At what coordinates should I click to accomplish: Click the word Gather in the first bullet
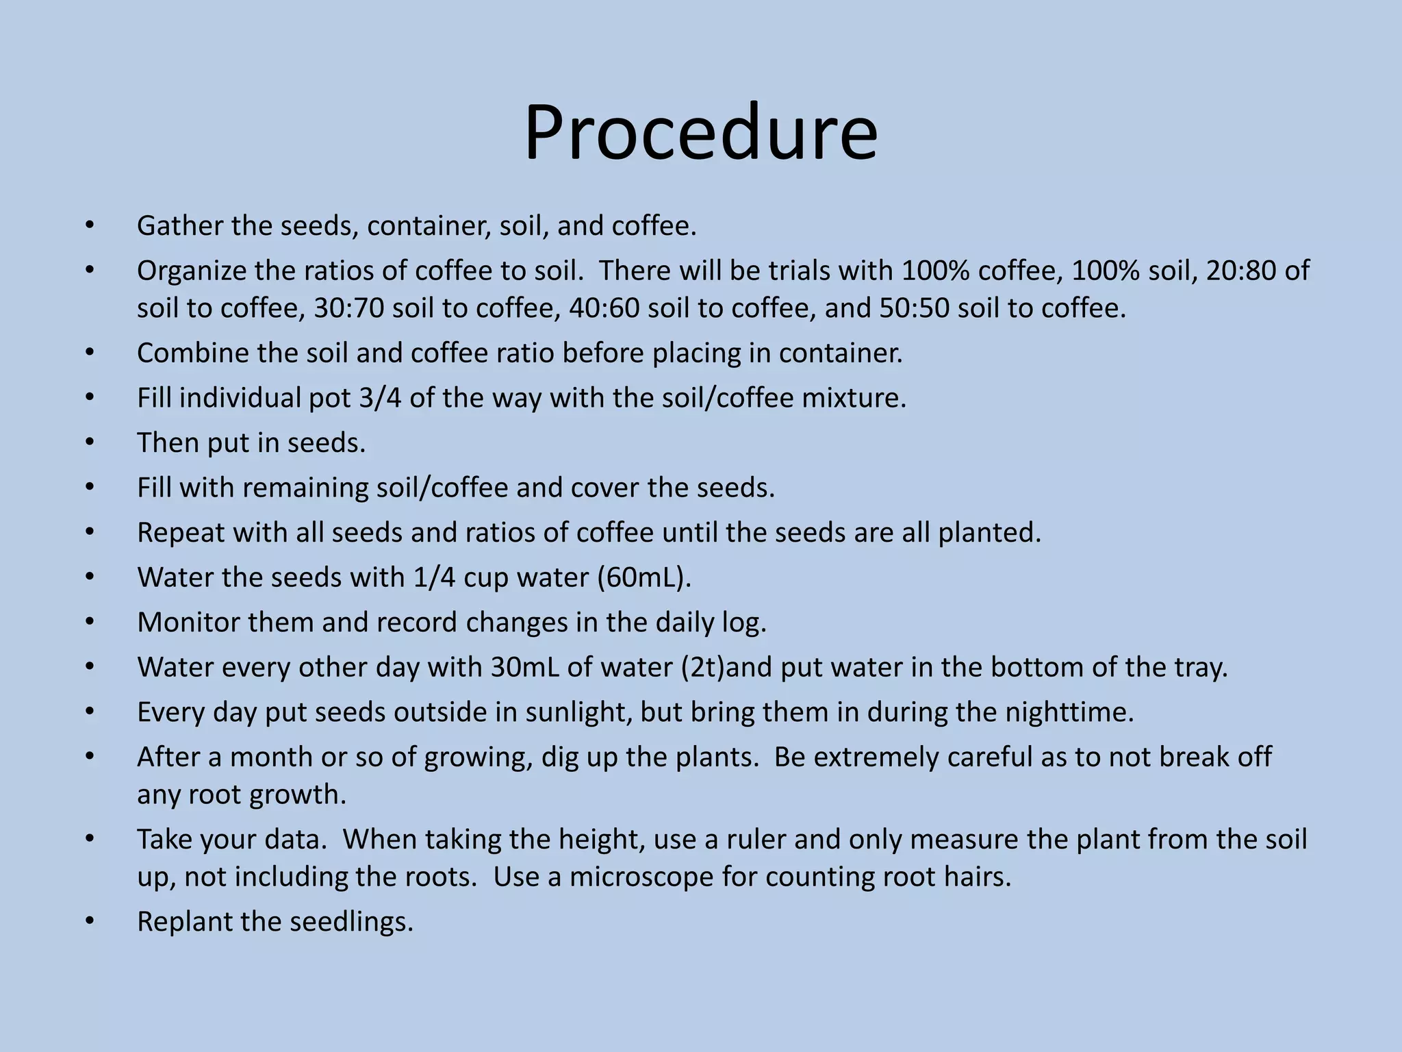point(180,226)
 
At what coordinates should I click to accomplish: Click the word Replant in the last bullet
point(183,922)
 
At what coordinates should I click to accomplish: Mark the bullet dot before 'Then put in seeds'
point(90,442)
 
